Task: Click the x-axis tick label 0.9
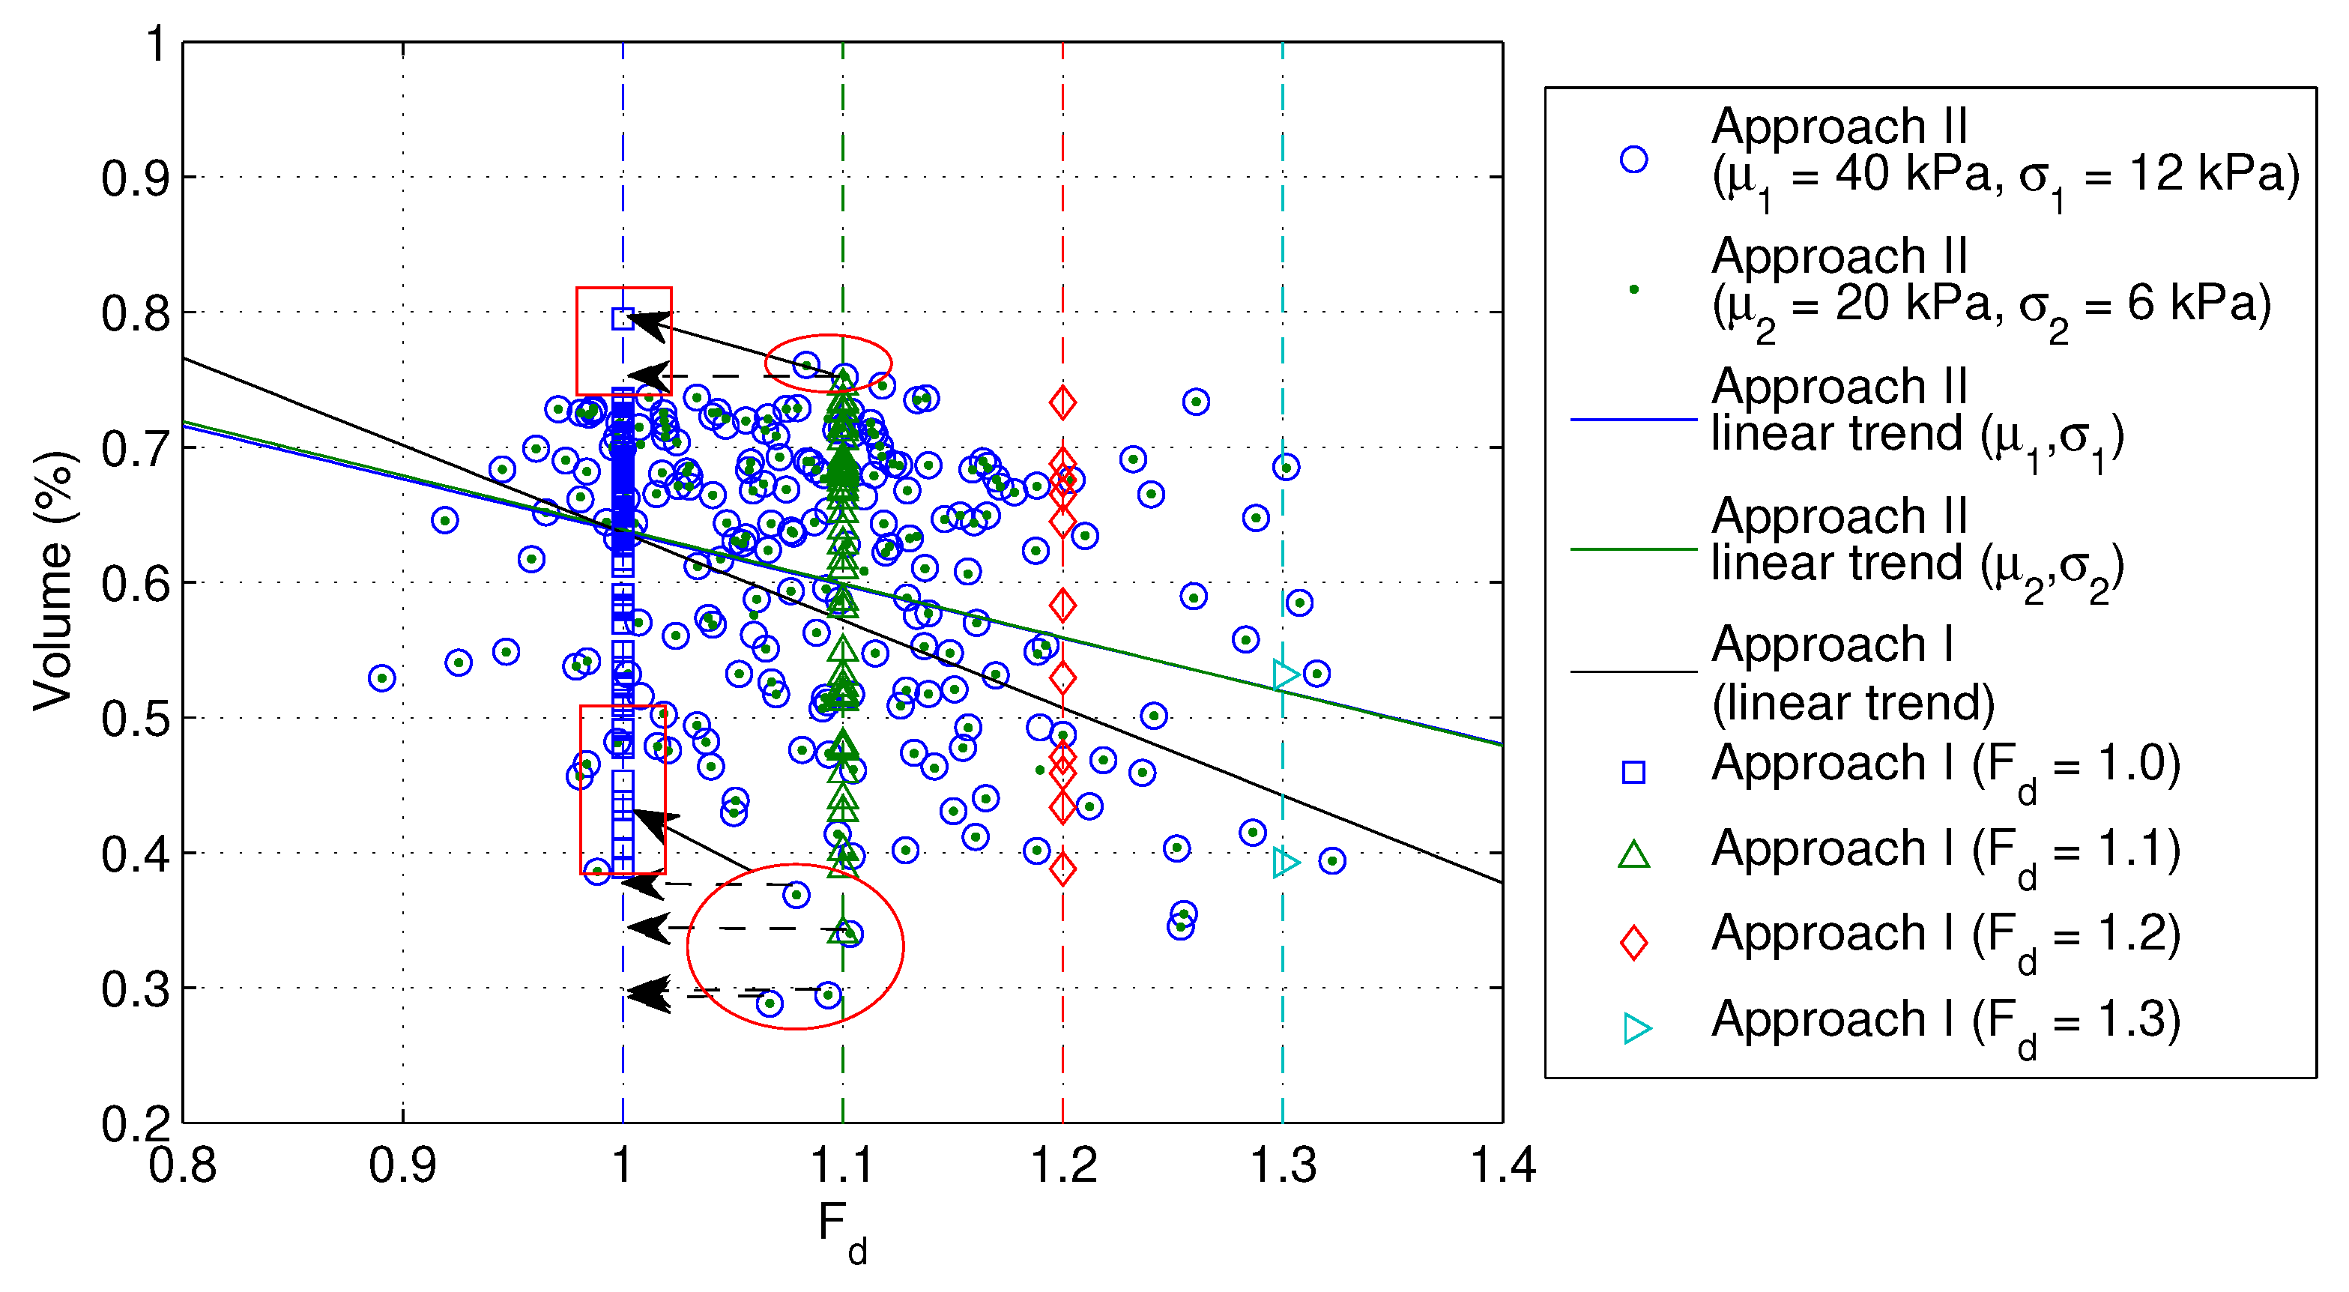coord(402,1165)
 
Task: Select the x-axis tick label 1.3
coord(1282,1165)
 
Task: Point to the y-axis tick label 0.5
coord(135,719)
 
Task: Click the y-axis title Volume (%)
coord(53,582)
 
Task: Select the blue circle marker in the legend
coord(1633,160)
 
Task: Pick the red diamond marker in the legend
coord(1633,942)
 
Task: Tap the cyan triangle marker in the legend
coord(1636,1028)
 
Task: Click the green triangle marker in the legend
coord(1633,855)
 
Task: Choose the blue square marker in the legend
coord(1633,773)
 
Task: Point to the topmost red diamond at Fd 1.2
coord(1062,402)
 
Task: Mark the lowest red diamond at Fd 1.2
coord(1062,869)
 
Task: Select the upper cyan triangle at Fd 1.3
coord(1285,674)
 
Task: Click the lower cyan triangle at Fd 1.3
coord(1285,863)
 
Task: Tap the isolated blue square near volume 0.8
coord(623,319)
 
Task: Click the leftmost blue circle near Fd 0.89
coord(382,678)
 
